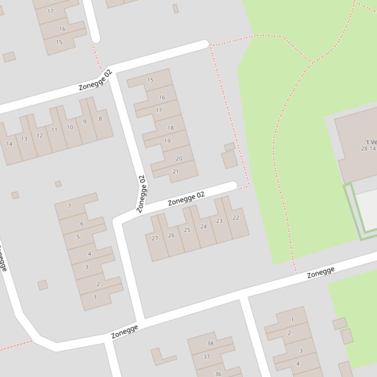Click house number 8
100,119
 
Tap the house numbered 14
9,144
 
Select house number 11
54,130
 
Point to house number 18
170,128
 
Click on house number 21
176,172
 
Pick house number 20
178,159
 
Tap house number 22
236,218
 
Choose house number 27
155,238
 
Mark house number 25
187,230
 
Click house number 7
70,206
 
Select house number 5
78,237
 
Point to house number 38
210,344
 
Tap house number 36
218,374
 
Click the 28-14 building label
368,148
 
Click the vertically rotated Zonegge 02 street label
141,194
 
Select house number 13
24,139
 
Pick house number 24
203,227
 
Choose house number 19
167,141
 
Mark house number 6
81,224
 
